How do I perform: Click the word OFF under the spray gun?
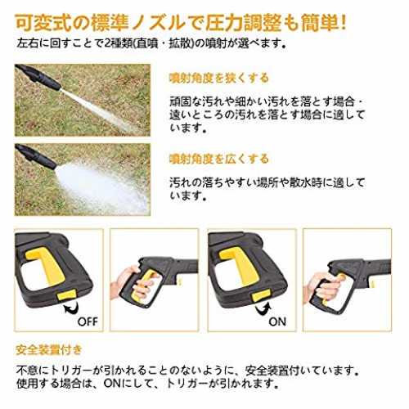pos(88,321)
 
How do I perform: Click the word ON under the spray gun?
pos(277,321)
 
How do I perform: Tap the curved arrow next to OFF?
pos(71,309)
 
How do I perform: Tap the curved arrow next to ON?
pos(263,309)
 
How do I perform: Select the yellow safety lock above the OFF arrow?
pos(66,295)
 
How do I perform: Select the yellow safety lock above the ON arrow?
pos(261,295)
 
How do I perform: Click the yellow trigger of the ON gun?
pos(240,267)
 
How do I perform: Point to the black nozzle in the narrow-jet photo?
pos(38,77)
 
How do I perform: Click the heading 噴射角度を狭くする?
pos(219,79)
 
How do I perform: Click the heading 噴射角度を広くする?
pos(219,159)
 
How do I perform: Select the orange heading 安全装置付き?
pos(49,350)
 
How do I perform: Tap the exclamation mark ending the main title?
pos(343,23)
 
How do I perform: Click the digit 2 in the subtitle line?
pos(107,43)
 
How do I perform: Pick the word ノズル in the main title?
pos(158,23)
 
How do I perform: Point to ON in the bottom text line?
pos(112,384)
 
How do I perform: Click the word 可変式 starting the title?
pos(43,23)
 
